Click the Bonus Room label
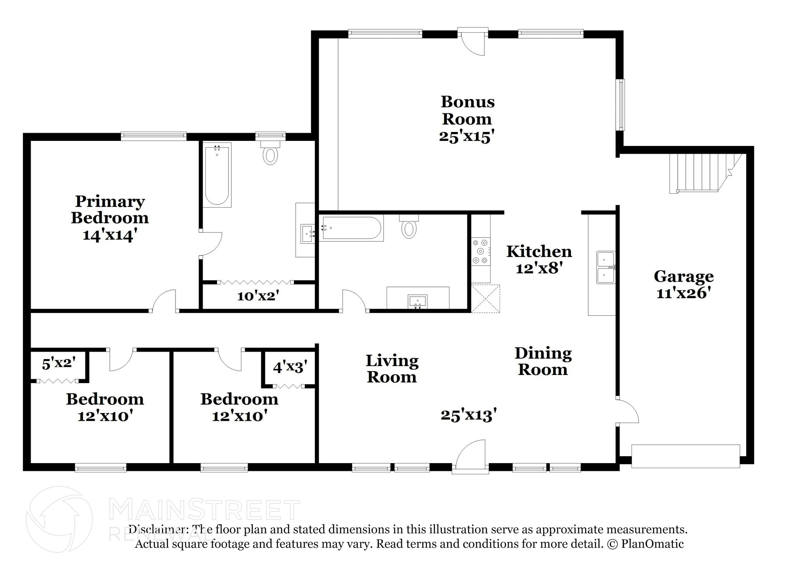[x=467, y=110]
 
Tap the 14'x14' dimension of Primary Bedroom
[x=110, y=235]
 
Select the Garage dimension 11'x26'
[x=684, y=293]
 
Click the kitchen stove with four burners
[x=481, y=251]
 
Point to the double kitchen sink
[x=606, y=267]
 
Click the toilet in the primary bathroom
[x=271, y=153]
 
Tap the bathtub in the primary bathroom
[x=217, y=175]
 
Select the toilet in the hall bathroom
[x=409, y=226]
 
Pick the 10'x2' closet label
[x=259, y=296]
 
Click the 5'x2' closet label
[x=59, y=363]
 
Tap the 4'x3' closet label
[x=290, y=367]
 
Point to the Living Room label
[x=392, y=369]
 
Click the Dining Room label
[x=543, y=361]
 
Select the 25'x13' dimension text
[x=469, y=415]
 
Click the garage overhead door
[x=686, y=456]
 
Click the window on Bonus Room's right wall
[x=621, y=105]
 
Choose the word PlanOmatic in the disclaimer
[x=653, y=544]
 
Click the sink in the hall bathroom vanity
[x=417, y=301]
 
